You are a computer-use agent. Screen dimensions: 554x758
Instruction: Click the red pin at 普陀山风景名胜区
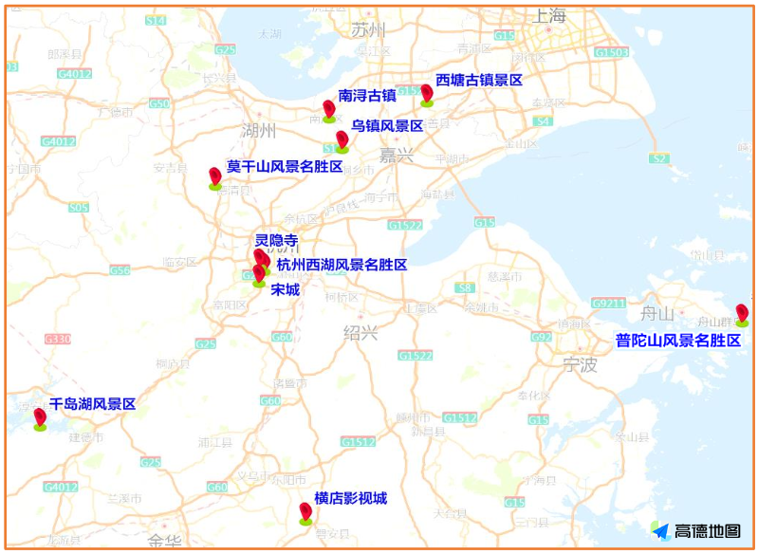click(x=742, y=312)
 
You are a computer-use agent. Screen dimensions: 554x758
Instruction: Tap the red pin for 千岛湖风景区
click(x=40, y=417)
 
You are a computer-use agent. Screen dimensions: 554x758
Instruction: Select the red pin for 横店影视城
click(x=305, y=512)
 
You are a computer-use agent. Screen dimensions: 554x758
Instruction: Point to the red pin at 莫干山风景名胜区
click(x=215, y=175)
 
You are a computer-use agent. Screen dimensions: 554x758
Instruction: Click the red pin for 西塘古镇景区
click(x=427, y=93)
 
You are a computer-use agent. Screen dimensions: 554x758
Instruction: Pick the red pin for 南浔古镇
click(x=329, y=109)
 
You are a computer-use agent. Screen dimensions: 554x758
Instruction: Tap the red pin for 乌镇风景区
click(x=342, y=140)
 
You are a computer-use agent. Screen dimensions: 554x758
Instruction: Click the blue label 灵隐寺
click(x=276, y=241)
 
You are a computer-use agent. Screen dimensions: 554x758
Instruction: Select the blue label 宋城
click(x=285, y=288)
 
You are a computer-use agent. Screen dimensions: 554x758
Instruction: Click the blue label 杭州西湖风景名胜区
click(x=342, y=265)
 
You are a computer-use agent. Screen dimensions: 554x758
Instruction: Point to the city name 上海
click(x=549, y=16)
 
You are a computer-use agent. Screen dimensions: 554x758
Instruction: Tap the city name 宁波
click(x=580, y=364)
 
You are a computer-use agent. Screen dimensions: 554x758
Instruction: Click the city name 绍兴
click(x=361, y=332)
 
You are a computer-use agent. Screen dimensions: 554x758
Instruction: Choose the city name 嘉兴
click(x=396, y=155)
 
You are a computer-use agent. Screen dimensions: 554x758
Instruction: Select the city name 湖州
click(x=258, y=130)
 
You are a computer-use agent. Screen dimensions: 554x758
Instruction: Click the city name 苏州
click(x=369, y=29)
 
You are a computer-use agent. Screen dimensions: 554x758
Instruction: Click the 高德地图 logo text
click(x=707, y=531)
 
